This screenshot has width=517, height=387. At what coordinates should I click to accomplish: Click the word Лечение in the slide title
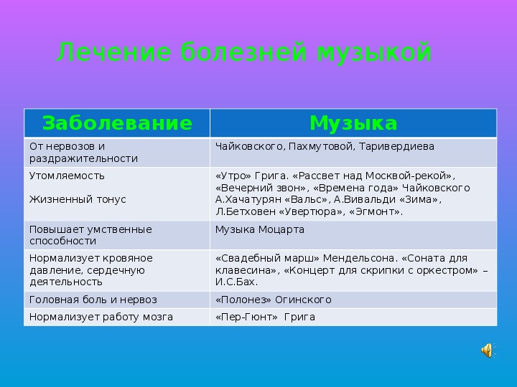[114, 52]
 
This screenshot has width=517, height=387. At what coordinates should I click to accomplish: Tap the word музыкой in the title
[374, 52]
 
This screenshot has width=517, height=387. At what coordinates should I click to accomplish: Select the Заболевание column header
[117, 123]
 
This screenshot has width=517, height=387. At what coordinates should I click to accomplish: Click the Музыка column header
[353, 123]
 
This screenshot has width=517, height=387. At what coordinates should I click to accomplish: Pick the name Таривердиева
[396, 146]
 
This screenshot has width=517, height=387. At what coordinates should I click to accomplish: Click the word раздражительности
[83, 158]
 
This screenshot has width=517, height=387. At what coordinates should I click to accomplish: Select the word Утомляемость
[67, 176]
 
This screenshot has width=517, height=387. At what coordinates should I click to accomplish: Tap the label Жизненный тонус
[78, 199]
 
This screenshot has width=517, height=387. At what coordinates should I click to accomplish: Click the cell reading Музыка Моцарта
[260, 229]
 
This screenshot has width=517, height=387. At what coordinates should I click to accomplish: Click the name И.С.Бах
[236, 282]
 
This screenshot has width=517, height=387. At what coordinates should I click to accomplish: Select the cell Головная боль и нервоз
[93, 300]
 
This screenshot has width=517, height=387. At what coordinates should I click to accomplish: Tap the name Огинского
[303, 300]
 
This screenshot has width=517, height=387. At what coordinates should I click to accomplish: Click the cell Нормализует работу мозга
[101, 317]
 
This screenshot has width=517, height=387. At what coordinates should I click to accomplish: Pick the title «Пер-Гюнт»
[246, 317]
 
